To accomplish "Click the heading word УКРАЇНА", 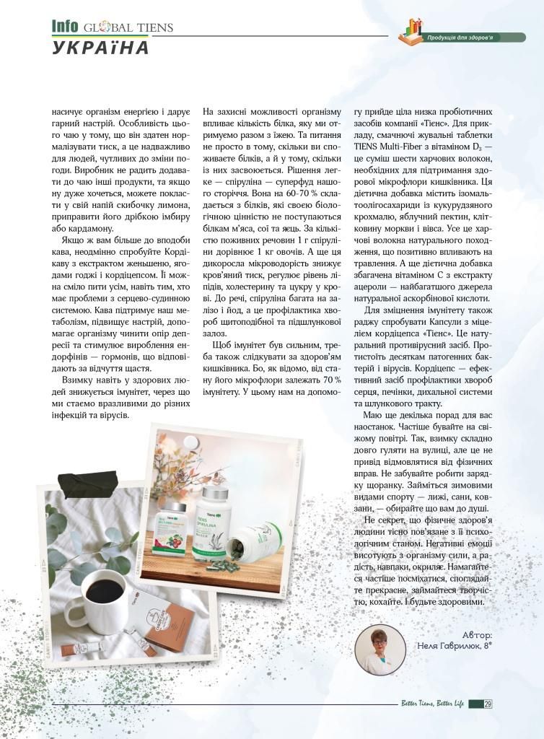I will click(x=100, y=48).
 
